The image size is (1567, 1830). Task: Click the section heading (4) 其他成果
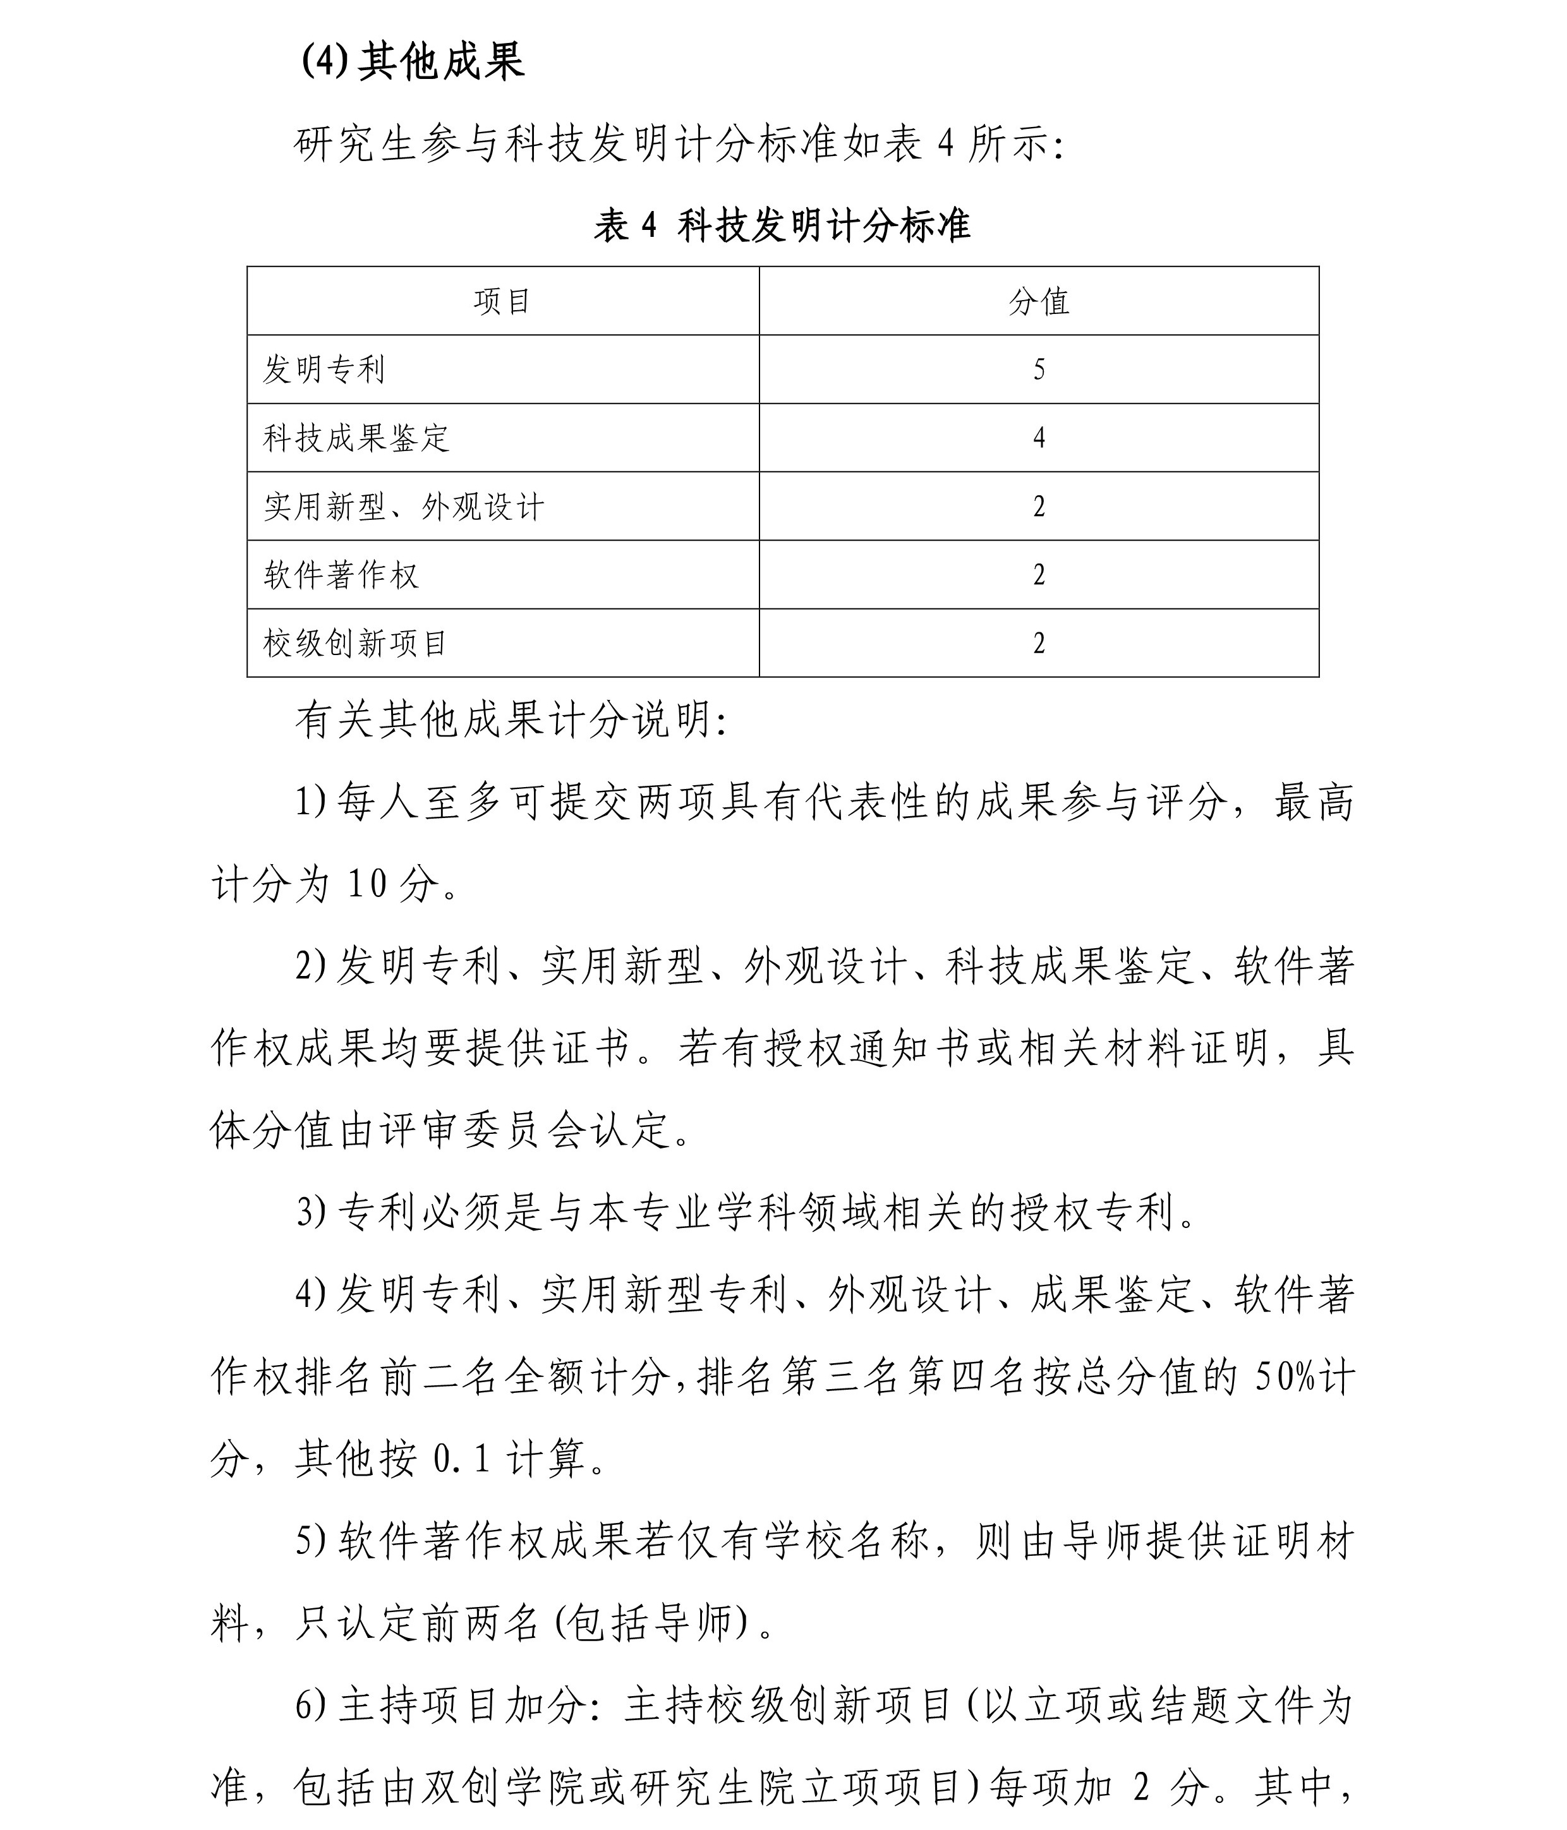(x=413, y=62)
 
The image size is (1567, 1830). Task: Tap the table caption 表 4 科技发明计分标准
(x=782, y=226)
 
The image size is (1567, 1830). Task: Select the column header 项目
(x=502, y=302)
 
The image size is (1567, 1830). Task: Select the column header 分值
(x=1039, y=302)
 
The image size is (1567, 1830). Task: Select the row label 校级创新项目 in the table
(x=356, y=644)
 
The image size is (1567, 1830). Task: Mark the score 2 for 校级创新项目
(x=1039, y=644)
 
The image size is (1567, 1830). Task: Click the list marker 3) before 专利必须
(x=312, y=1213)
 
